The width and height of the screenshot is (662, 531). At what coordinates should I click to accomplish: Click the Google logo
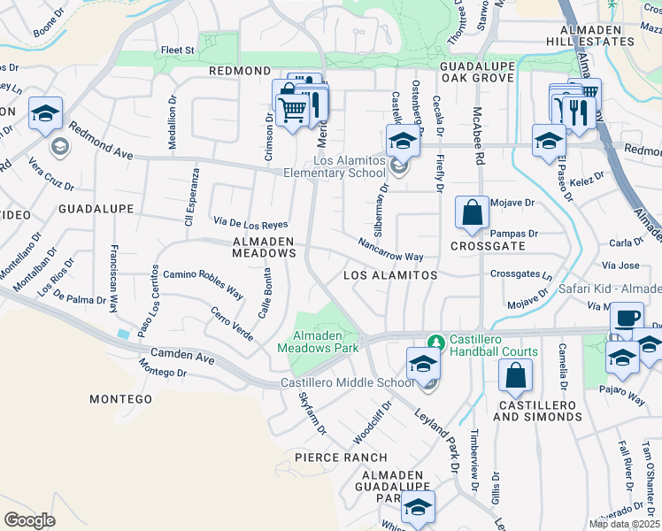coord(29,520)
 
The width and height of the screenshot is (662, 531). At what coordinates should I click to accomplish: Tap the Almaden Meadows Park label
coord(326,342)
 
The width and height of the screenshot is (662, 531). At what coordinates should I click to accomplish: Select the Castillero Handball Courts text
coord(494,346)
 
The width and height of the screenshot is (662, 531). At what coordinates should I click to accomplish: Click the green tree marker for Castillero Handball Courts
coord(434,341)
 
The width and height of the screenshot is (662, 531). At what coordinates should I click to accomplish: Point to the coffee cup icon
coord(627,318)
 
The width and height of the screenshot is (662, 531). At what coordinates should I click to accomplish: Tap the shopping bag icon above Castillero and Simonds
coord(515,376)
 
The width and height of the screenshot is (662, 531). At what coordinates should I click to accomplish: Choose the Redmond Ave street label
coord(99,142)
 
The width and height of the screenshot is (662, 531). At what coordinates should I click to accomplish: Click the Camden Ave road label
coord(182,358)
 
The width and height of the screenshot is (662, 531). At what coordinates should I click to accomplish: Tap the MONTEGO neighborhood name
coord(121,399)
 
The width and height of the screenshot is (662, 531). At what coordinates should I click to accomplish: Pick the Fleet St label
coord(177,50)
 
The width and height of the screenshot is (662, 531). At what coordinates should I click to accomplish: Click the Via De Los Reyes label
coord(250,222)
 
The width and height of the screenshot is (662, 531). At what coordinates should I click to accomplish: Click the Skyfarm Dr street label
coord(312,413)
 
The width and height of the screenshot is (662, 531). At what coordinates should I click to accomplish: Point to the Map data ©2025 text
coord(624,524)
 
